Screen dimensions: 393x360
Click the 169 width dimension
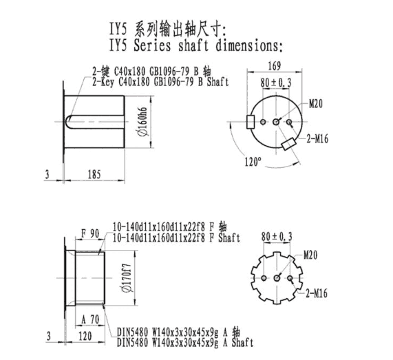275,66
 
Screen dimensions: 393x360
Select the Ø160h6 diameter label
142,122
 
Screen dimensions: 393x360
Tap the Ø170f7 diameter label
127,278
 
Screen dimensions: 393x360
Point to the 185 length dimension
94,174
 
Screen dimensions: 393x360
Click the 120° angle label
253,162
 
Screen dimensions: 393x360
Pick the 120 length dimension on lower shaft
85,336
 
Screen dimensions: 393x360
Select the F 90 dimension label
90,234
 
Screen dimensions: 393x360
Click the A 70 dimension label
90,319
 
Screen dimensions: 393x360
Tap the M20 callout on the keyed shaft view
316,103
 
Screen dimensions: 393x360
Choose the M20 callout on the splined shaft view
310,255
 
